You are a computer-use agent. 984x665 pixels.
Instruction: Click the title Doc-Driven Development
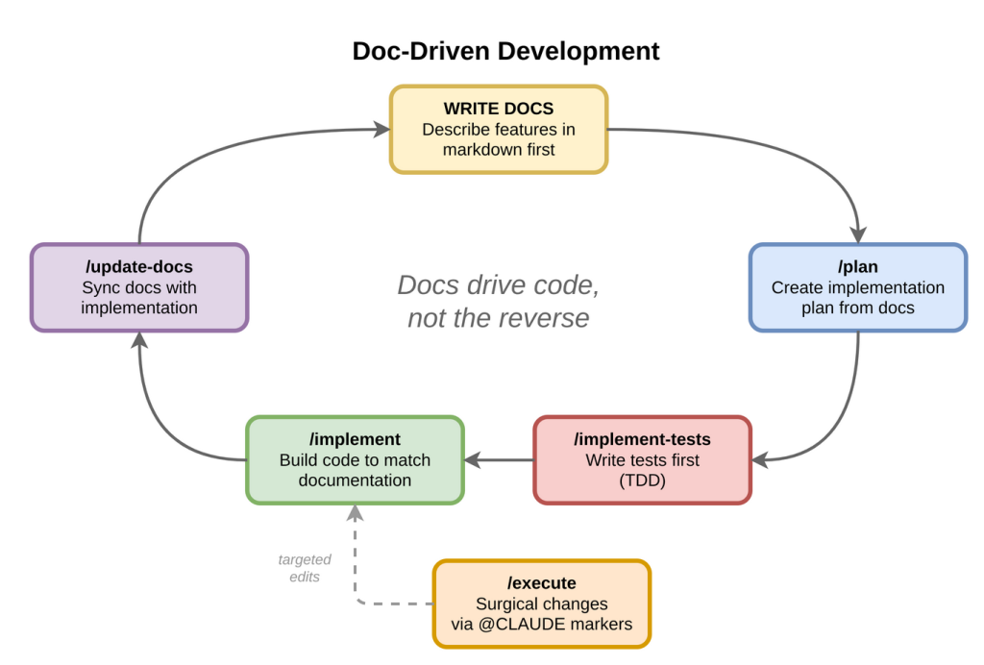505,51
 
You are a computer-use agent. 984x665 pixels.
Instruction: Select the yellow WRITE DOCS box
499,129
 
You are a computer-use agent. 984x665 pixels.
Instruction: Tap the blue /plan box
857,287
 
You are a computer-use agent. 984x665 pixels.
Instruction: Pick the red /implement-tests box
642,459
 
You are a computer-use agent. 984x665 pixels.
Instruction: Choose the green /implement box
355,459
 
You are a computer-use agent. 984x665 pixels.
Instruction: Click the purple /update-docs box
139,287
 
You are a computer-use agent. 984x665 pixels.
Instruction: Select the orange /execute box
541,603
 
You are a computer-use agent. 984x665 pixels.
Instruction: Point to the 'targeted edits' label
305,568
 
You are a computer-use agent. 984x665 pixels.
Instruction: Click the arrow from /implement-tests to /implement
499,459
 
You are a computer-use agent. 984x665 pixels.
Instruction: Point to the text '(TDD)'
642,480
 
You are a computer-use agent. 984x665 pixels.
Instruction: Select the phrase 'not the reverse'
499,318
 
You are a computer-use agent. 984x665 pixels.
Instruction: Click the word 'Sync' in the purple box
99,287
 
